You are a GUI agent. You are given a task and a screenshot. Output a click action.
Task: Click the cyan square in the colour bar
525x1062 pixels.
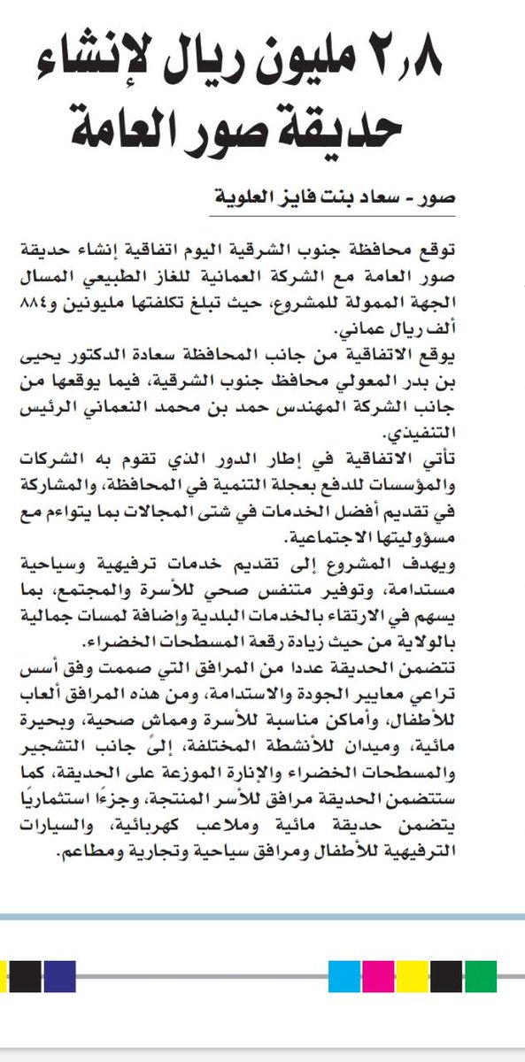click(344, 976)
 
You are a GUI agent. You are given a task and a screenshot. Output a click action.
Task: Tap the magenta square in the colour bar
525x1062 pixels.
click(377, 976)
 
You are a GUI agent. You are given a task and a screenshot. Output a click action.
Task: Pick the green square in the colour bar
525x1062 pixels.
click(480, 976)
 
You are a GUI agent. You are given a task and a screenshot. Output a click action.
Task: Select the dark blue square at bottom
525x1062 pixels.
click(59, 976)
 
